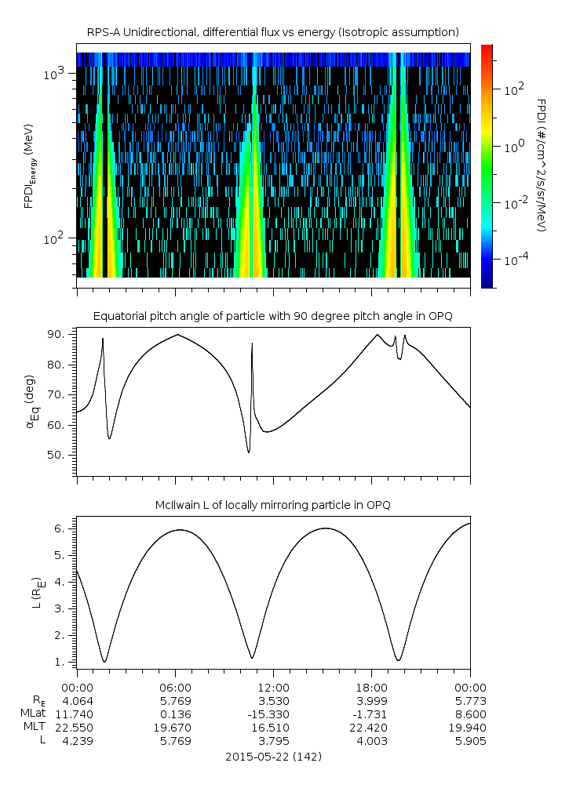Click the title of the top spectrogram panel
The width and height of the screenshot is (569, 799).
pos(273,32)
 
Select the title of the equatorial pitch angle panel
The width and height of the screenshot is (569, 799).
pos(273,316)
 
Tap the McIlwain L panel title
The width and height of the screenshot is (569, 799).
pos(273,505)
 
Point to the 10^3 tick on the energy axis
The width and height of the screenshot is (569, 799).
pos(56,74)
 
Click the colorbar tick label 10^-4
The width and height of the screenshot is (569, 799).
pos(515,259)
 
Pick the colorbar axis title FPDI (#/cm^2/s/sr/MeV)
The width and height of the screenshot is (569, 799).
pos(541,165)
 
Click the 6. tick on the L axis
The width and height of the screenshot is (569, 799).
pos(62,528)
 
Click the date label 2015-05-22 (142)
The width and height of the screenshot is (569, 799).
pos(273,757)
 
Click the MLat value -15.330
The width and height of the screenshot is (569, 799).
pos(273,714)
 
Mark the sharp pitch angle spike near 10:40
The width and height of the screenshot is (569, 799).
pos(252,344)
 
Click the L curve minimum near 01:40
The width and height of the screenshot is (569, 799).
pos(104,661)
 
